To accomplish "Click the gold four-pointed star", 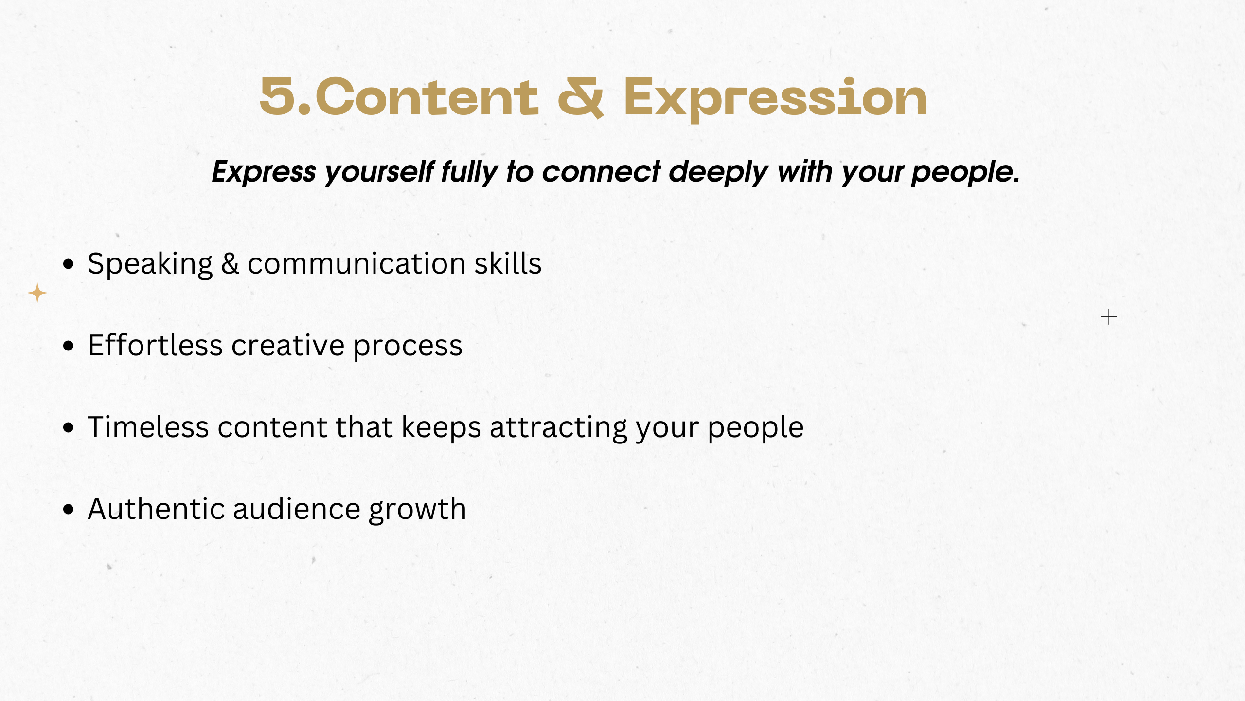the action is tap(37, 293).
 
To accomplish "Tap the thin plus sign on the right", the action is tap(1108, 317).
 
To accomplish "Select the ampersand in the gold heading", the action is tap(581, 97).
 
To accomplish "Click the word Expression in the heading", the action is tap(776, 99).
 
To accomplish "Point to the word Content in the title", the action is tap(427, 97).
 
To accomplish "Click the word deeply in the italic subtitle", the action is tap(719, 172).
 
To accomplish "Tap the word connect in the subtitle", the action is tap(601, 172).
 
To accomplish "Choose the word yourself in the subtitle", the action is tap(379, 172).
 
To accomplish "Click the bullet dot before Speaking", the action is tap(69, 264).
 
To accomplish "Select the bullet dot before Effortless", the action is tap(69, 346).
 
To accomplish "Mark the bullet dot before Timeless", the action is tap(69, 428).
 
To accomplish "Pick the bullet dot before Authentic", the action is tap(69, 510).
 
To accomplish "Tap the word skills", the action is tap(508, 263).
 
